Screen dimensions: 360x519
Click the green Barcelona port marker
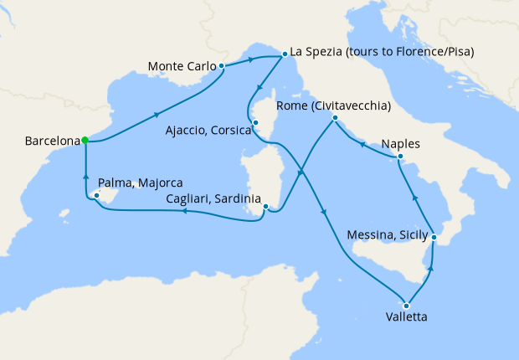pyautogui.click(x=85, y=141)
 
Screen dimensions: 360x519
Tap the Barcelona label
pyautogui.click(x=52, y=141)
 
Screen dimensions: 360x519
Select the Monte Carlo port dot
pyautogui.click(x=221, y=65)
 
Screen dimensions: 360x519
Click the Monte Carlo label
pyautogui.click(x=180, y=65)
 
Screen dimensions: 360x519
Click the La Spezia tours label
pyautogui.click(x=382, y=52)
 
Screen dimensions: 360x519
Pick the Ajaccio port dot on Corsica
pyautogui.click(x=254, y=124)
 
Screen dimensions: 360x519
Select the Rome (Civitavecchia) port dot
pyautogui.click(x=334, y=118)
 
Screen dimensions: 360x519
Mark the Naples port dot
pyautogui.click(x=401, y=157)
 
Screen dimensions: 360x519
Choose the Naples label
pyautogui.click(x=400, y=143)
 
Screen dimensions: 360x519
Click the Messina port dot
pyautogui.click(x=434, y=238)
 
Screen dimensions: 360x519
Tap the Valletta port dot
pyautogui.click(x=406, y=305)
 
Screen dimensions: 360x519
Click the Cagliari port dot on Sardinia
pyautogui.click(x=265, y=207)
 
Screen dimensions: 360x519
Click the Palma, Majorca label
pyautogui.click(x=140, y=182)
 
